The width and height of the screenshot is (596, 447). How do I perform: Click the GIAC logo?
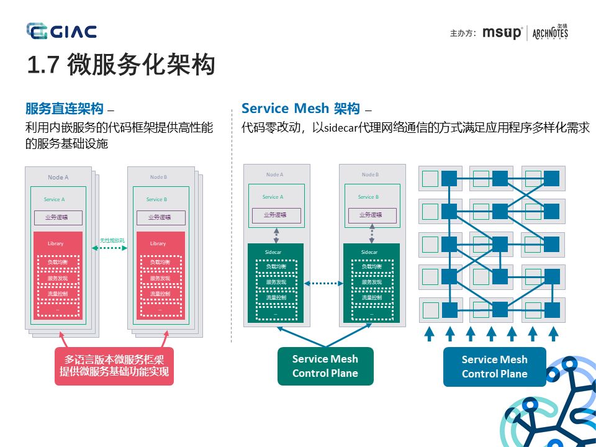click(x=61, y=31)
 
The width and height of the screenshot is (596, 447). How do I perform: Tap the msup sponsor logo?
click(x=502, y=33)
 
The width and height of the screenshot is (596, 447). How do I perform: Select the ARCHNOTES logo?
click(x=550, y=33)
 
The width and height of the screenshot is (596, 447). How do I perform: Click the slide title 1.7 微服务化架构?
click(x=121, y=65)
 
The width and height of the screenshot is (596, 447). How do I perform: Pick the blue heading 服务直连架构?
click(x=64, y=109)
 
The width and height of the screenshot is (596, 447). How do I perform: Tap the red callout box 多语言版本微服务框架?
click(x=114, y=366)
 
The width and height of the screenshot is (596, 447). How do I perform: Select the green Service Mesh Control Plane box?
click(x=325, y=366)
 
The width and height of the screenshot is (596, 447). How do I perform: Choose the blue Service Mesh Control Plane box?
click(x=494, y=366)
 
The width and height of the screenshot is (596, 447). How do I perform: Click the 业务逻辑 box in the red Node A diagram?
click(x=58, y=217)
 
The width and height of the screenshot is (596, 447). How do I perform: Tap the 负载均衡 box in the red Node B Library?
click(x=160, y=263)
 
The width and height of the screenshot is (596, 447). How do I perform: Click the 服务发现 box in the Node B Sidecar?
click(x=371, y=282)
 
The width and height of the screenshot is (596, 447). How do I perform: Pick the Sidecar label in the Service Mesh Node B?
click(x=369, y=252)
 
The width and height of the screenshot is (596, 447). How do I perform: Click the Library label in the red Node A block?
click(x=55, y=243)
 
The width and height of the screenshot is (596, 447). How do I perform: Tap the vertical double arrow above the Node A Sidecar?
click(x=276, y=234)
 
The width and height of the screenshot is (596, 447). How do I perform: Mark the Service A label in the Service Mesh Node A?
click(x=273, y=197)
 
